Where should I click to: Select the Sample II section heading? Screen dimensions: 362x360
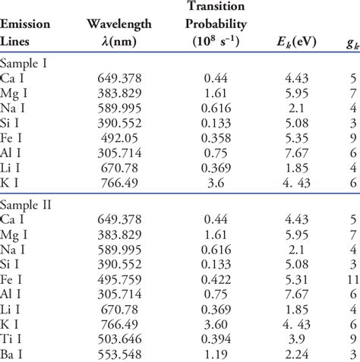point(27,205)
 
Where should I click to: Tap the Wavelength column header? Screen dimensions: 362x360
point(119,24)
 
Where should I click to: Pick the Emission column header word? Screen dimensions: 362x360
point(26,24)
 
